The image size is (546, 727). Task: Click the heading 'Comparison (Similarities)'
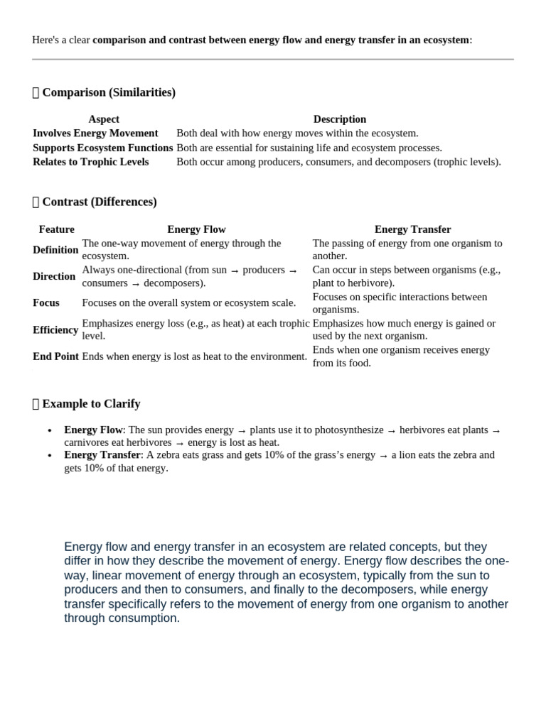(x=109, y=92)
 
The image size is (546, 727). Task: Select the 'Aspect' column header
(x=104, y=119)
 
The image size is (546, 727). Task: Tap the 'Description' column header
(x=340, y=119)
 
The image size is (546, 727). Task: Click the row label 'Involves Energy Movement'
(x=95, y=133)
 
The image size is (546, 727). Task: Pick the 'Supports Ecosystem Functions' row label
(x=103, y=148)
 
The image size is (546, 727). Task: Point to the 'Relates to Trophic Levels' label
(x=91, y=162)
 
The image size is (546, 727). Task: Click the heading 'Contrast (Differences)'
(x=100, y=202)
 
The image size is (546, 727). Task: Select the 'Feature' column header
(x=57, y=229)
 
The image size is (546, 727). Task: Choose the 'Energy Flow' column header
(x=196, y=229)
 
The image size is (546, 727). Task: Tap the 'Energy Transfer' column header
(x=413, y=229)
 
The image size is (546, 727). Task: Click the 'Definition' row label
(x=55, y=249)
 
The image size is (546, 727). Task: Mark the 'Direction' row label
(x=54, y=276)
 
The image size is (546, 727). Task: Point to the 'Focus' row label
(x=46, y=302)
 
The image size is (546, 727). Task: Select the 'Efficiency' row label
(x=55, y=329)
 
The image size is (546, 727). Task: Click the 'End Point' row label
(x=55, y=356)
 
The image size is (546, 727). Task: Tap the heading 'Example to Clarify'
(x=91, y=404)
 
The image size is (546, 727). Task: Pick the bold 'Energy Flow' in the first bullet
(x=93, y=430)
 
